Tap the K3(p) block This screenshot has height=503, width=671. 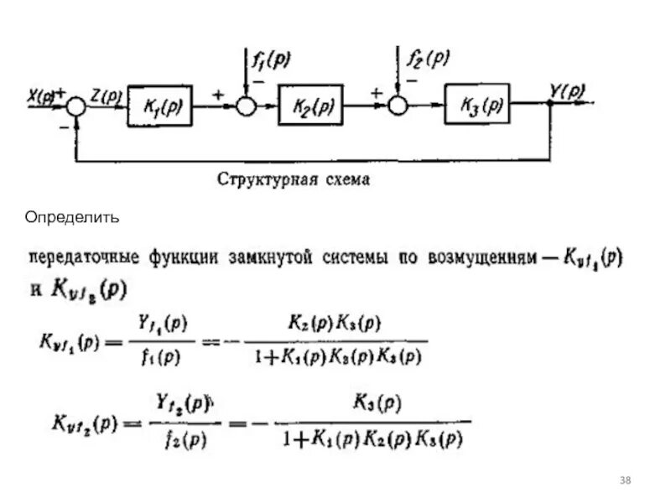click(x=476, y=106)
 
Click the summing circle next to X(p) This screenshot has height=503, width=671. click(x=76, y=106)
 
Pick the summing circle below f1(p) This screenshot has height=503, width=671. click(x=244, y=106)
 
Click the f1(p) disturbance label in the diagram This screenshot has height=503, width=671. click(x=272, y=59)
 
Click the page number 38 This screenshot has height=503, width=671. click(x=625, y=480)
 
